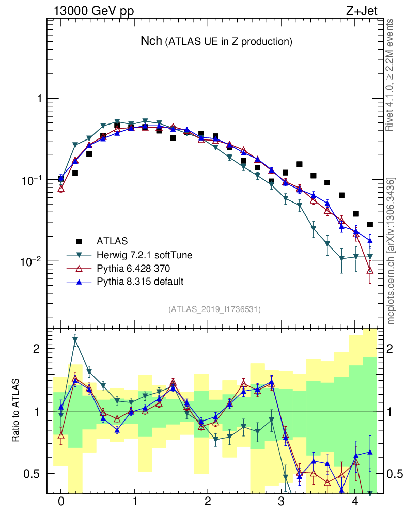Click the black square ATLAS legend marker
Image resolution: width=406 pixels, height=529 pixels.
click(79, 241)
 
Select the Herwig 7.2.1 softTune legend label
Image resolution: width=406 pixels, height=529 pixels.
click(140, 255)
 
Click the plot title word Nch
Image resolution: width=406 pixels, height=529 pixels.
click(151, 41)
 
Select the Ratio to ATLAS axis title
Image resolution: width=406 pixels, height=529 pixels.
click(17, 411)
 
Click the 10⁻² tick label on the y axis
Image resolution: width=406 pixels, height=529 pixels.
click(33, 261)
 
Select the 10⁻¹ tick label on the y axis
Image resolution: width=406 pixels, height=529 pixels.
click(33, 180)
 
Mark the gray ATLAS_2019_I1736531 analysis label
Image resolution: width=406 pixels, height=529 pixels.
click(214, 309)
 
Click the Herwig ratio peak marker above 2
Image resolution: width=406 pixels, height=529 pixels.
click(75, 340)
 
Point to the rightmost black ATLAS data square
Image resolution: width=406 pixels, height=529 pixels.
click(369, 224)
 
